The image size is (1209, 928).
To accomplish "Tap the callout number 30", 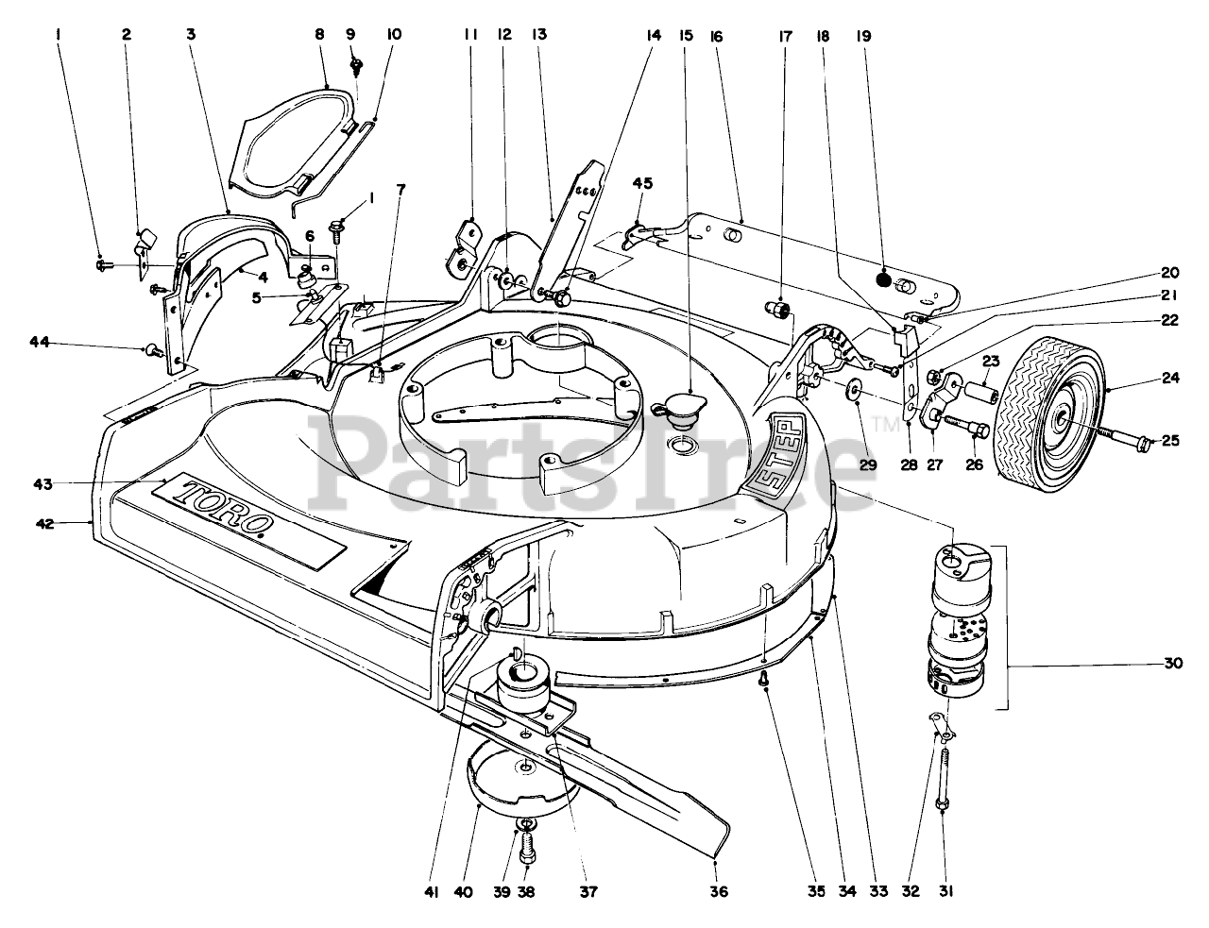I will (x=1173, y=664).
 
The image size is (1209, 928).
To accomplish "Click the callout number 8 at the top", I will (x=318, y=35).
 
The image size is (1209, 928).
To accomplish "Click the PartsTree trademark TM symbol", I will (x=888, y=424).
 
